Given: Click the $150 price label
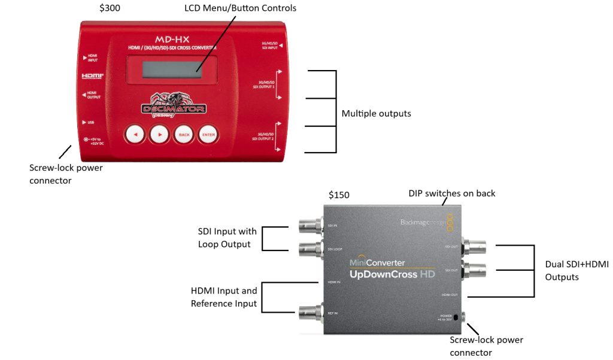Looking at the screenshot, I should click(339, 195).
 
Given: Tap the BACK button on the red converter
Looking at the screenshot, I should click(184, 135).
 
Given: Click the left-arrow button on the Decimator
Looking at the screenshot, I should click(135, 135).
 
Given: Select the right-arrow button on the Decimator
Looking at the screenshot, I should click(159, 135).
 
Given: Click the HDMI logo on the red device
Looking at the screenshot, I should click(93, 77).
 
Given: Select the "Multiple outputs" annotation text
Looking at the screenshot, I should click(376, 113).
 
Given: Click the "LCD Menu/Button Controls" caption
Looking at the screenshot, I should click(240, 8).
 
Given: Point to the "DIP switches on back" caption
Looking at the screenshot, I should click(452, 193).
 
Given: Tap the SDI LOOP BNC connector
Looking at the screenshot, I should click(306, 247).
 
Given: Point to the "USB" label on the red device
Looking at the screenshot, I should click(90, 122).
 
